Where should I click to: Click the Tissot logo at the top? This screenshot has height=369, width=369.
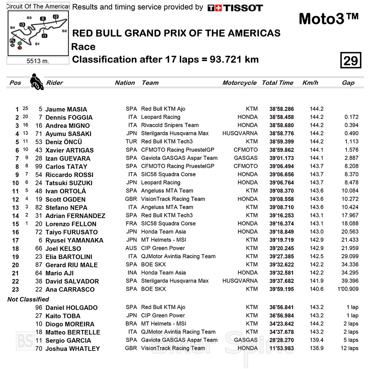235,8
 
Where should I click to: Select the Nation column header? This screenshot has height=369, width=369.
125,83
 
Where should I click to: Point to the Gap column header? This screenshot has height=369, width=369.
348,83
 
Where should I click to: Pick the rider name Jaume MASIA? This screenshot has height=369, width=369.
66,109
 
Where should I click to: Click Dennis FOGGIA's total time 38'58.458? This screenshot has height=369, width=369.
282,117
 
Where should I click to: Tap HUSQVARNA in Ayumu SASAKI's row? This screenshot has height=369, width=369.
240,134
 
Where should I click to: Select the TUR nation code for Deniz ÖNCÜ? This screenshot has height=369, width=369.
131,142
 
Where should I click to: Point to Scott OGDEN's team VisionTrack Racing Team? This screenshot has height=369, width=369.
173,199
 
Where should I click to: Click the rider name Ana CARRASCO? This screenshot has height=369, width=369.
70,289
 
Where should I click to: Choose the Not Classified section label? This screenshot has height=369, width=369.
28,299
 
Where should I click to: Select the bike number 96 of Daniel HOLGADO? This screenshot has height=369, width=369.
39,308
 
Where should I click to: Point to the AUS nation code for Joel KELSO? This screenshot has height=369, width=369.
131,248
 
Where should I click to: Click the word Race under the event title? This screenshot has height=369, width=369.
83,47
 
